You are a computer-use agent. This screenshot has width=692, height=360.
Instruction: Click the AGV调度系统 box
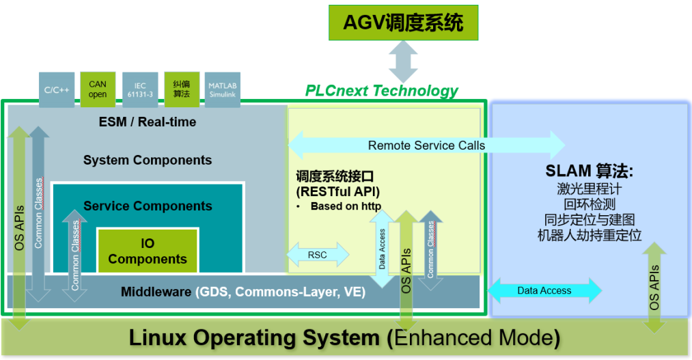tap(402, 23)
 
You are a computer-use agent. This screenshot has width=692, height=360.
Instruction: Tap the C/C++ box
tap(57, 89)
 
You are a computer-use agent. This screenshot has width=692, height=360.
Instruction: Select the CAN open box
tap(98, 89)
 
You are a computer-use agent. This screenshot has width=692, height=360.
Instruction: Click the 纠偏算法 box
tap(182, 89)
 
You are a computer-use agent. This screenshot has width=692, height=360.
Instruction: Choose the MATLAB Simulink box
tap(222, 89)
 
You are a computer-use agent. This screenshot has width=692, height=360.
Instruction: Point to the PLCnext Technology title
tap(381, 91)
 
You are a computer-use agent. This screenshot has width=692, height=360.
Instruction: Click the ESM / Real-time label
tap(148, 122)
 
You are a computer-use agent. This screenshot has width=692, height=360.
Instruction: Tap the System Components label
tap(148, 161)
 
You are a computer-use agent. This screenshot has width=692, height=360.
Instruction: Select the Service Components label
tap(148, 206)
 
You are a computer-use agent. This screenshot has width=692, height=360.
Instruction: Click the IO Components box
tap(148, 251)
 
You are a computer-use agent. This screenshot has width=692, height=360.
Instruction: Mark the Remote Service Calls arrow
tap(426, 146)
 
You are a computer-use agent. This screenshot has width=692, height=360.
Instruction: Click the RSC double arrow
tap(318, 255)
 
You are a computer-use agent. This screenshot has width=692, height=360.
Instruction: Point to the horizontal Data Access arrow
tap(544, 290)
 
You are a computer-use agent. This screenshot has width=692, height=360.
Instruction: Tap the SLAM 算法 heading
tap(590, 170)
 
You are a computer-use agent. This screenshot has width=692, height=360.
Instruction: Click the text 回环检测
tap(590, 204)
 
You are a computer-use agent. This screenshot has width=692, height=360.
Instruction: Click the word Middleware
tap(156, 292)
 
